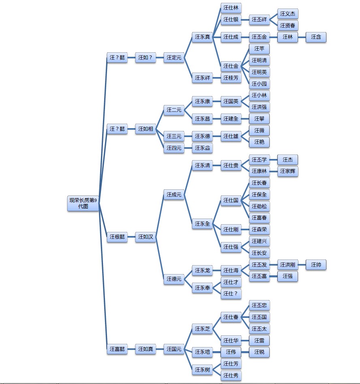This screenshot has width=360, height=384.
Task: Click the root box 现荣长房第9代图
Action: [83, 203]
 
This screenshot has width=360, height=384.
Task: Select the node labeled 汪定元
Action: [174, 58]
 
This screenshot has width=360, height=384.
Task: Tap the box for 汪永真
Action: [202, 37]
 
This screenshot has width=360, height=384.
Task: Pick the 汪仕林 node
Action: [231, 8]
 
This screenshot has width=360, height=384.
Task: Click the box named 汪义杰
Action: [287, 14]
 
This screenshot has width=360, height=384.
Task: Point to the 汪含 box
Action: [316, 37]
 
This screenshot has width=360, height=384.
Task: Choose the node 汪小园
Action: [259, 84]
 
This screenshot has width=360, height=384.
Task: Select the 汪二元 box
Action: [174, 110]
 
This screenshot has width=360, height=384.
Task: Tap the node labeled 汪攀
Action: [259, 119]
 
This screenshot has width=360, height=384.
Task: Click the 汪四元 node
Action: [174, 148]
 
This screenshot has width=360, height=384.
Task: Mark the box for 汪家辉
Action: [287, 172]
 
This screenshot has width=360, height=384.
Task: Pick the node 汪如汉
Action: [146, 237]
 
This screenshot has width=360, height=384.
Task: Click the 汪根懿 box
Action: [117, 237]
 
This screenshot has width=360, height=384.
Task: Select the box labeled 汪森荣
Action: [259, 230]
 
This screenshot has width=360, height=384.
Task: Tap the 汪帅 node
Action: [316, 265]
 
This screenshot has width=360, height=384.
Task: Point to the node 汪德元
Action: [174, 279]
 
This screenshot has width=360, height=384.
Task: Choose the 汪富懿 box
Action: [117, 349]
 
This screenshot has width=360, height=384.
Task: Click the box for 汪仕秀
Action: [231, 375]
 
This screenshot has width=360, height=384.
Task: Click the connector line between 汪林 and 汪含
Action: [302, 37]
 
